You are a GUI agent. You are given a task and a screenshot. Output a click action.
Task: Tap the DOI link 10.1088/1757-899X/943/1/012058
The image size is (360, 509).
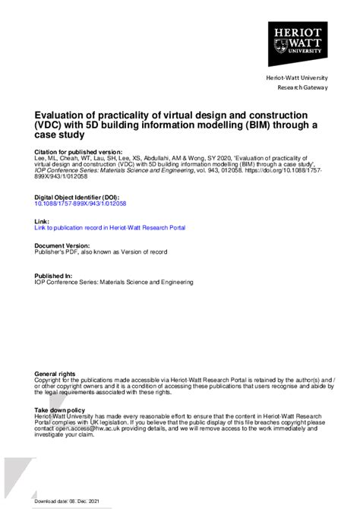click(81, 204)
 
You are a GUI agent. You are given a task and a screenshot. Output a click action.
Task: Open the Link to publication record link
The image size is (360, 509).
click(110, 227)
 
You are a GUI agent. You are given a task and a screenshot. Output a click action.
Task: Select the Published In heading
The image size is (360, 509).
click(54, 275)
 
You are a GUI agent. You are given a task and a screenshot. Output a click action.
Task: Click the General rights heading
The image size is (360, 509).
click(55, 374)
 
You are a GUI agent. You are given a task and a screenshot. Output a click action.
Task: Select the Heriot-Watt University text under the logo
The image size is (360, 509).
click(296, 79)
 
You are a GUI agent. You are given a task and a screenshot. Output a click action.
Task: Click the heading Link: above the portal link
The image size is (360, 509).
click(43, 220)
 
